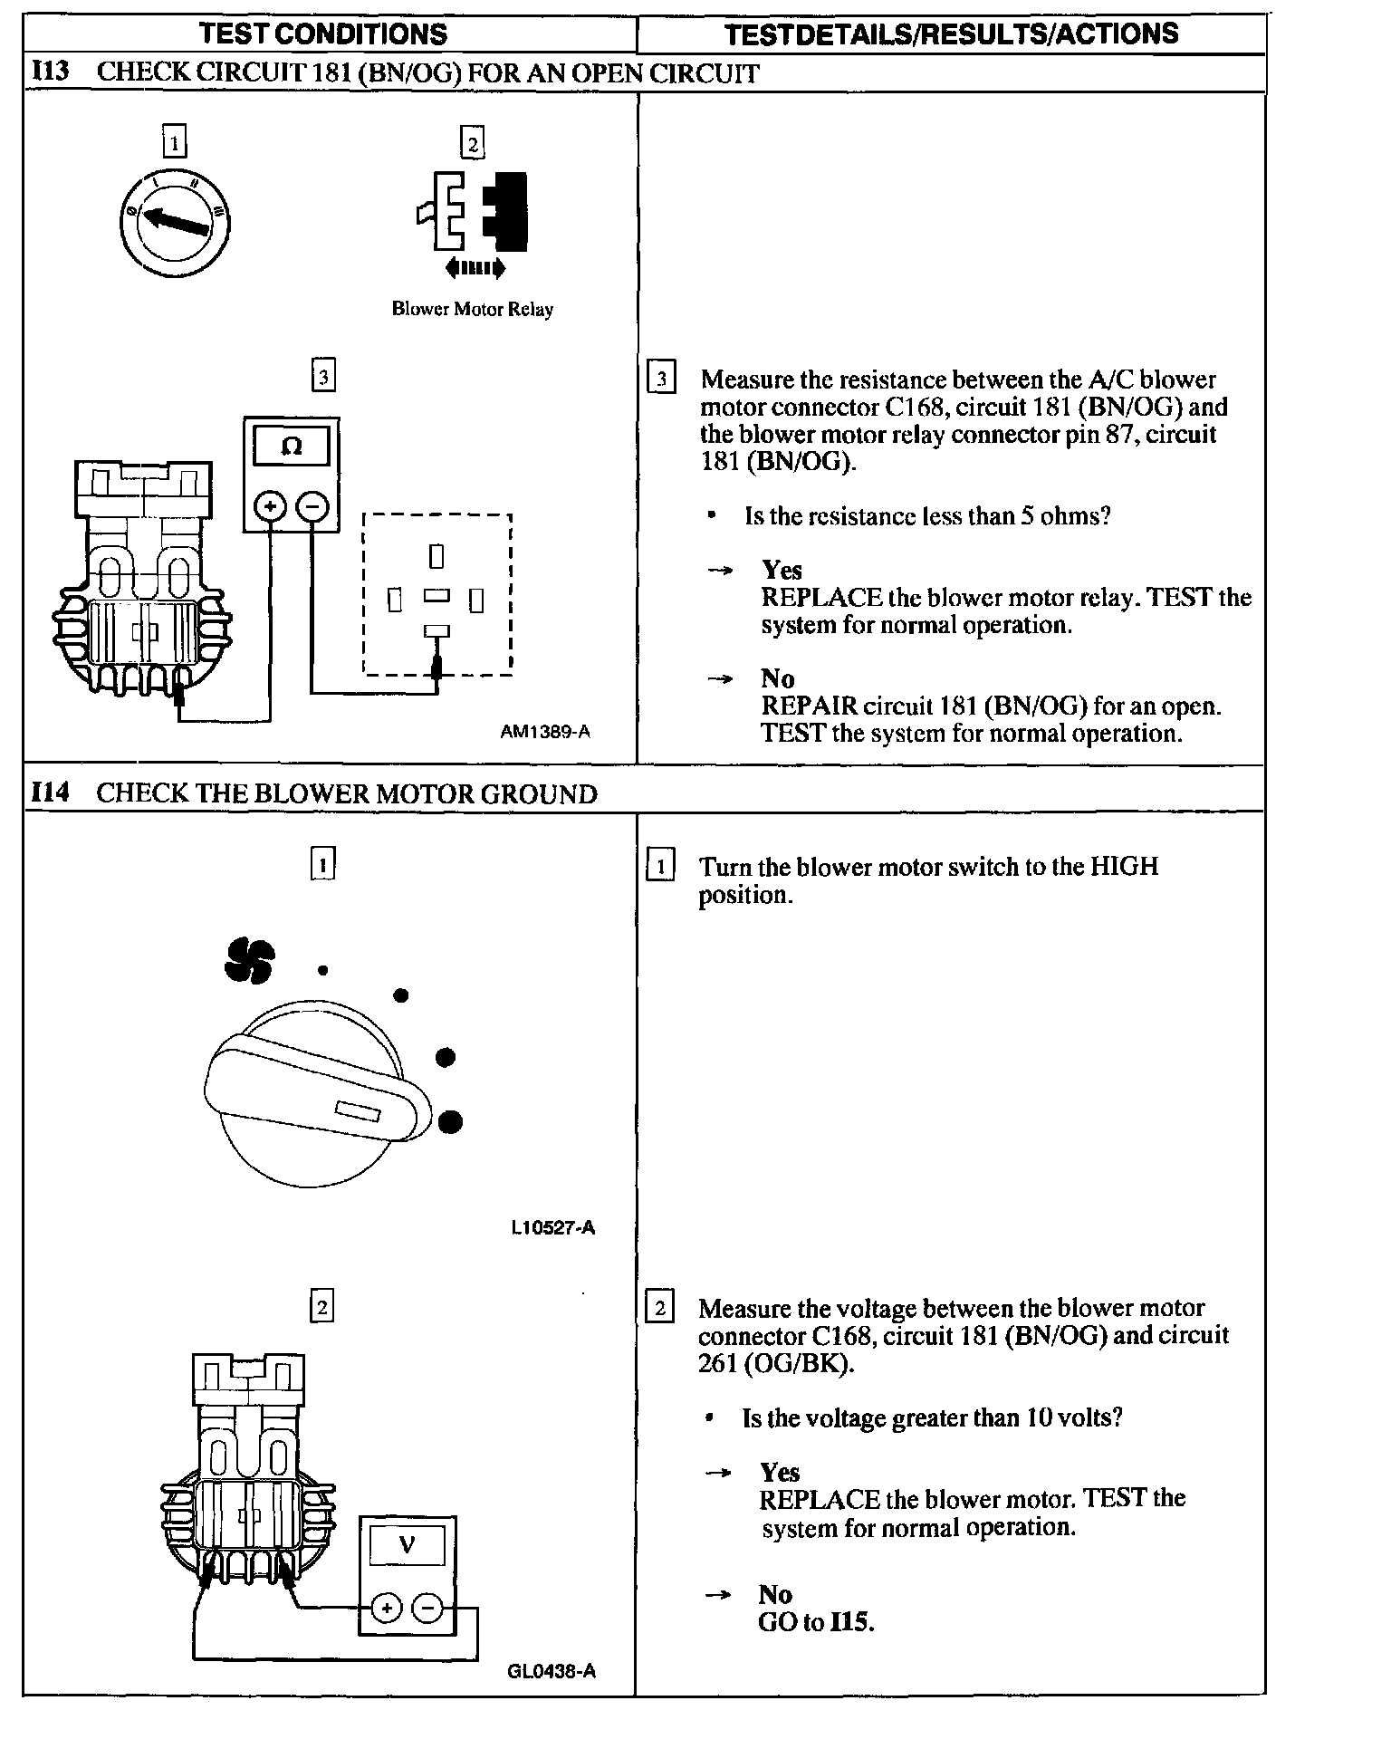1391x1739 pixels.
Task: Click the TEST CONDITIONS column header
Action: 322,34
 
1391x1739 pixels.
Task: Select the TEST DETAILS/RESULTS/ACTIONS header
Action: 952,34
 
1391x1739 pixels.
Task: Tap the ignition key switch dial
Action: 174,220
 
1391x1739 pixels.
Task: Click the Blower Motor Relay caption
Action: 472,310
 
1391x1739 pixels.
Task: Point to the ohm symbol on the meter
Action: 292,447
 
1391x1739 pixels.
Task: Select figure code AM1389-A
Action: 545,732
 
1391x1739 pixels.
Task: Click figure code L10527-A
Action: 552,1228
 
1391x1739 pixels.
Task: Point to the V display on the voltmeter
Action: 408,1545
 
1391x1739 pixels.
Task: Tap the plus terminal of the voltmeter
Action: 387,1609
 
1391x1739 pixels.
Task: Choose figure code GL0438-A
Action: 552,1672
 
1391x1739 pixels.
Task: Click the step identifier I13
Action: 51,72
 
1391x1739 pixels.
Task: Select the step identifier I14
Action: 51,793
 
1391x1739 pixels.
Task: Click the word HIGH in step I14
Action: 1124,867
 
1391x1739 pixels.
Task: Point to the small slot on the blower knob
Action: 358,1110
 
